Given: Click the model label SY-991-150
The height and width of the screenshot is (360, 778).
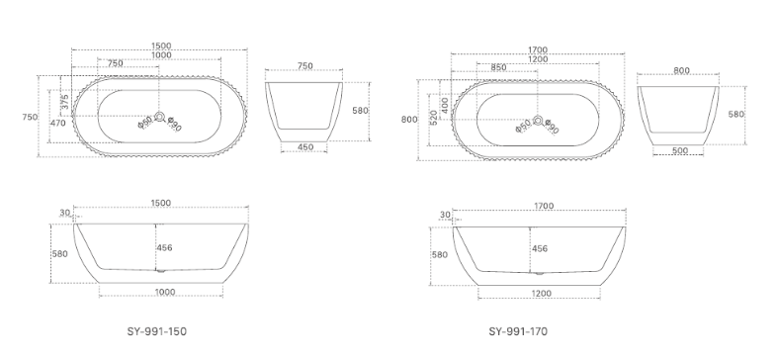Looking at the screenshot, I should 158,333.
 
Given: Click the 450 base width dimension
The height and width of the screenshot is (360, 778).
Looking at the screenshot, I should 305,147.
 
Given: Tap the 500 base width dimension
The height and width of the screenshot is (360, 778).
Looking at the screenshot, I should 679,150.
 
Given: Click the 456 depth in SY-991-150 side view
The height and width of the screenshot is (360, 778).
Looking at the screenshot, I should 165,247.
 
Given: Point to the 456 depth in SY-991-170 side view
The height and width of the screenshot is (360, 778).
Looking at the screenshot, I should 540,248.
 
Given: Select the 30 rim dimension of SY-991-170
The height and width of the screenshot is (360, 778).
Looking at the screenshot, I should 444,214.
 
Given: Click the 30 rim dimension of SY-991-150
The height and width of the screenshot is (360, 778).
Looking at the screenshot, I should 64,213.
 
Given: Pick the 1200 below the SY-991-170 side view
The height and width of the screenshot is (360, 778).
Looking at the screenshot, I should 541,293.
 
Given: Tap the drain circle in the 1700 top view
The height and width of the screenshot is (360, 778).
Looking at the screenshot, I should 538,122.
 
